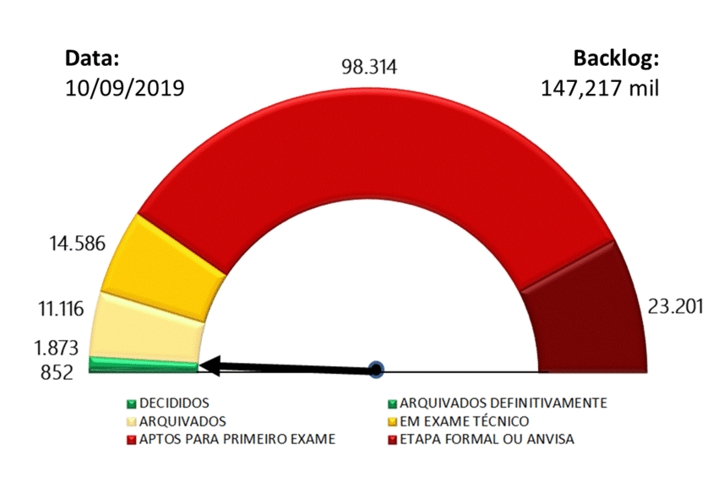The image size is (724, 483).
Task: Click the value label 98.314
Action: [369, 68]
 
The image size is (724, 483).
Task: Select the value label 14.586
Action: [77, 244]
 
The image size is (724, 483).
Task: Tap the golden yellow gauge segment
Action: [165, 258]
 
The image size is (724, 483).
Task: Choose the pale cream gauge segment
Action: [148, 326]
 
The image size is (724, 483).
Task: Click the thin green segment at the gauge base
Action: [142, 365]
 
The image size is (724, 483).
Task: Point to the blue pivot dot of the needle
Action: [377, 370]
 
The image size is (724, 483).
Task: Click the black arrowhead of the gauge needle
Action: [210, 366]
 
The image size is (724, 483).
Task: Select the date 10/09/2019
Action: [124, 88]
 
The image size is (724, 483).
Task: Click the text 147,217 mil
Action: [600, 88]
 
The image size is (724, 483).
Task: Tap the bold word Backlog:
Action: [616, 58]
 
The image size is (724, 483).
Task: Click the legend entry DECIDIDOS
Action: [174, 403]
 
